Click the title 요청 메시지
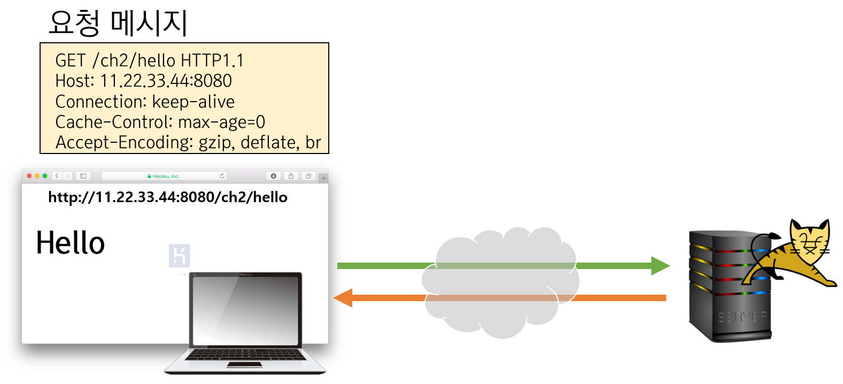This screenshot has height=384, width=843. pyautogui.click(x=118, y=24)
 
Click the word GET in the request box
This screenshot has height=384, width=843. pyautogui.click(x=71, y=60)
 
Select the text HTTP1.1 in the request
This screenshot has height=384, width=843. pyautogui.click(x=212, y=60)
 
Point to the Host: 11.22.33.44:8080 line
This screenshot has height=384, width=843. pyautogui.click(x=143, y=81)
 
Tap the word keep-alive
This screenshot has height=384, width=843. pyautogui.click(x=194, y=102)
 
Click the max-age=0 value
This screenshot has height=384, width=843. pyautogui.click(x=221, y=122)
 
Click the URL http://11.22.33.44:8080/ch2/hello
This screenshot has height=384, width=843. pyautogui.click(x=168, y=197)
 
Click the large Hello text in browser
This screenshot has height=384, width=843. pyautogui.click(x=70, y=243)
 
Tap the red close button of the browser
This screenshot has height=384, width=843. pyautogui.click(x=29, y=176)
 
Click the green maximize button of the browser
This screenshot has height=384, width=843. pyautogui.click(x=45, y=176)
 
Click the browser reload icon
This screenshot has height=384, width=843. pyautogui.click(x=222, y=176)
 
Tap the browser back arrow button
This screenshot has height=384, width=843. pyautogui.click(x=57, y=176)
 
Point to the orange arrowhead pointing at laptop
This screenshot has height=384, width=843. pyautogui.click(x=344, y=298)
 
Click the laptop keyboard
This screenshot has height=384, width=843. pyautogui.click(x=245, y=355)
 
